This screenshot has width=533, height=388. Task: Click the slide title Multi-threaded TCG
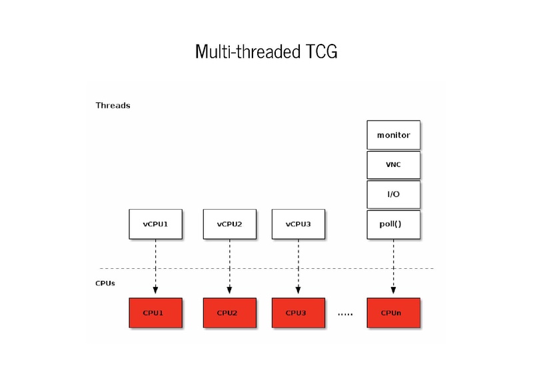tap(266, 51)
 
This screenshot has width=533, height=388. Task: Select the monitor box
tap(393, 135)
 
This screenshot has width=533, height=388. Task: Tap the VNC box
tap(393, 164)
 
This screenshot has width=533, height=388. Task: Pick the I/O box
tap(393, 194)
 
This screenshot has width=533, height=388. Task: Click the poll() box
tap(393, 224)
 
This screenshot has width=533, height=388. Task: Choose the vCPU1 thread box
tap(155, 224)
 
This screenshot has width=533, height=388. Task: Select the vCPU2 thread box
tap(229, 224)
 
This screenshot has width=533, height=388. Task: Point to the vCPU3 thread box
tap(298, 224)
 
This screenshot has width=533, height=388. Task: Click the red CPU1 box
tap(155, 313)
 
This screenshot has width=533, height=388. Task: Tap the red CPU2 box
tap(229, 313)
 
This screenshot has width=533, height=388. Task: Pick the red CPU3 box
tap(298, 313)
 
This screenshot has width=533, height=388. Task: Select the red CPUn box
tap(393, 313)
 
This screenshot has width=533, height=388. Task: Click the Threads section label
tap(113, 105)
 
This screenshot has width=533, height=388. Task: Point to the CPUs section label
tap(105, 283)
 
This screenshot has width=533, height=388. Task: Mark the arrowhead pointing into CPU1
tap(155, 290)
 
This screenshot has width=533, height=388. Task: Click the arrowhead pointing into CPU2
tap(229, 290)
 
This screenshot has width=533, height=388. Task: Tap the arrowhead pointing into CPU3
tap(298, 290)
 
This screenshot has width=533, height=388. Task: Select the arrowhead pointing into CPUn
tap(393, 290)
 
